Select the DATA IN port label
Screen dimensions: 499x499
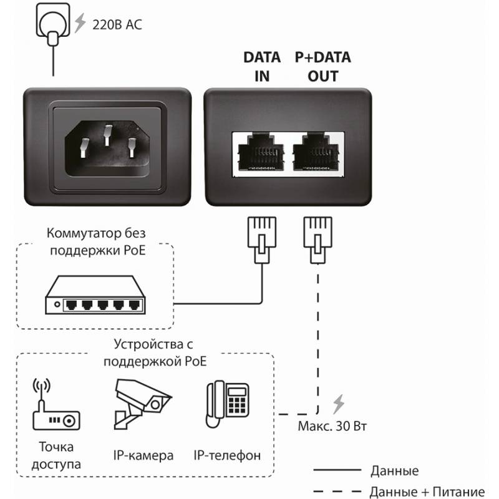(x=261, y=67)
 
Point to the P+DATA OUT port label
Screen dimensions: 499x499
(x=322, y=67)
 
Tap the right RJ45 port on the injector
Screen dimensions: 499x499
(x=317, y=153)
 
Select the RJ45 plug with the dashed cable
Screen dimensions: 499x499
(x=317, y=238)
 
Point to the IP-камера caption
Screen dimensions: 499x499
(x=144, y=455)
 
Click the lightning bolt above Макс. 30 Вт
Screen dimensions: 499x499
(x=338, y=404)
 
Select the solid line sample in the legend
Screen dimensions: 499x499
(x=336, y=470)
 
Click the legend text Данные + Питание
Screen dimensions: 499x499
(x=427, y=491)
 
